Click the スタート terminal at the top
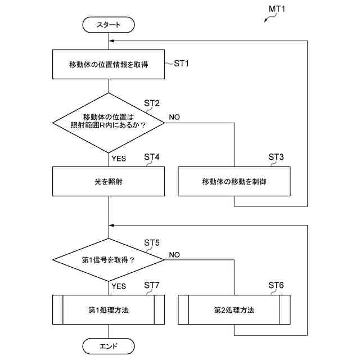tap(109, 25)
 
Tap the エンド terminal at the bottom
tap(109, 346)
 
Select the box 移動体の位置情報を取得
tap(109, 65)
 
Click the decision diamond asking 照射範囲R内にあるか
tap(109, 123)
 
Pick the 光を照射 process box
tap(109, 181)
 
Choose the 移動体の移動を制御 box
tap(234, 181)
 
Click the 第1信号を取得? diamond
tap(109, 260)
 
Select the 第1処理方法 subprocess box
tap(109, 310)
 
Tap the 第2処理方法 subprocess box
tap(234, 310)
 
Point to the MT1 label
tap(277, 9)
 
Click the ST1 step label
tap(181, 64)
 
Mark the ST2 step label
tap(151, 103)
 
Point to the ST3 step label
tap(276, 157)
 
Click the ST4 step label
tap(151, 157)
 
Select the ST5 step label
tap(151, 242)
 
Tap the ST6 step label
tap(276, 285)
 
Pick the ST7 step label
tap(151, 285)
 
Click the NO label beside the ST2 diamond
tap(174, 117)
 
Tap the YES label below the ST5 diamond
tap(119, 286)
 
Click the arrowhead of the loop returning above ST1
tap(111, 41)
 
